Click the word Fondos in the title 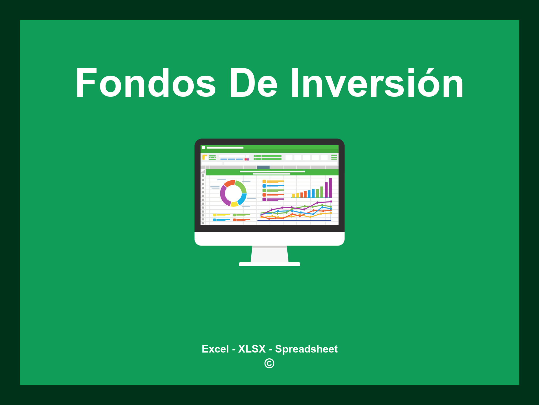point(146,83)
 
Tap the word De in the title point(253,83)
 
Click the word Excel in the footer point(215,349)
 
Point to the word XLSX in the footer point(252,349)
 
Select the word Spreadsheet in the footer point(306,349)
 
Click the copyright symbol point(269,363)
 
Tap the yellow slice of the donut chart point(234,204)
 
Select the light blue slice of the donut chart point(242,199)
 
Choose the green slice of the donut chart point(241,186)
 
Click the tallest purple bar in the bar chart point(330,188)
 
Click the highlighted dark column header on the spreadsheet point(263,167)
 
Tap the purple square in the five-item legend point(264,199)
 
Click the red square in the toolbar point(246,159)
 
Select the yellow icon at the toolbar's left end point(204,157)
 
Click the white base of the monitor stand point(269,264)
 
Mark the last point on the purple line point(331,201)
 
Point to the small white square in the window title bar point(203,148)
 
